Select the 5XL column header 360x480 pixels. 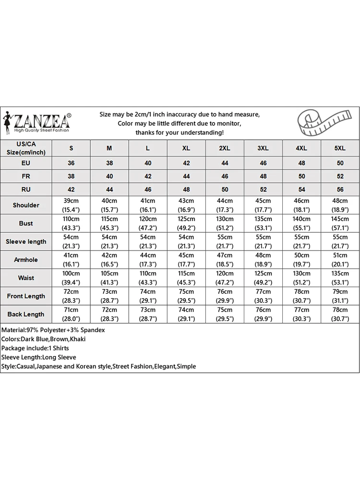(340, 148)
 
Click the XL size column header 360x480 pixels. (186, 148)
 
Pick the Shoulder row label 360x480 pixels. (26, 205)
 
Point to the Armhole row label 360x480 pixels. (26, 260)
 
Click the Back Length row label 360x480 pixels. (26, 314)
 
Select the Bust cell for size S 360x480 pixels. (71, 223)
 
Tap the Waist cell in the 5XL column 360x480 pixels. (340, 278)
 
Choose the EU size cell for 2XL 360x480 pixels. (225, 163)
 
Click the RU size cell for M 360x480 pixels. (109, 190)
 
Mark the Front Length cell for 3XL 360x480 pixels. (263, 296)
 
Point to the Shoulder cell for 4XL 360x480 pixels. (301, 205)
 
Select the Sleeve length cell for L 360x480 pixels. (148, 241)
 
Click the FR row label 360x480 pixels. (26, 176)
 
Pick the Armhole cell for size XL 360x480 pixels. (186, 260)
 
